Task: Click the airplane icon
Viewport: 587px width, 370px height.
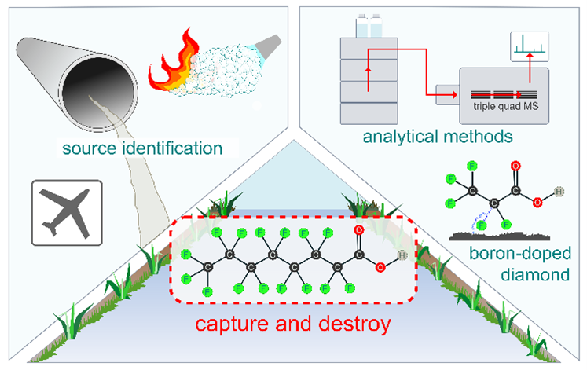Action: pos(67,208)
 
